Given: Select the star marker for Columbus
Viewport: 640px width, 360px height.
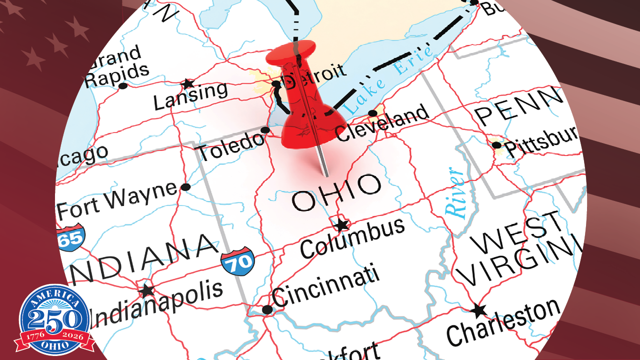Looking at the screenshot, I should pyautogui.click(x=341, y=225).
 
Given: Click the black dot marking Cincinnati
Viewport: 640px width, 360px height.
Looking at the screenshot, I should pyautogui.click(x=267, y=309).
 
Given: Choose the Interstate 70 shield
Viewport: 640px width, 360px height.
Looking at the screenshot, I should pyautogui.click(x=237, y=260).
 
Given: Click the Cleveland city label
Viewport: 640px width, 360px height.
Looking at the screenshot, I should pyautogui.click(x=382, y=123).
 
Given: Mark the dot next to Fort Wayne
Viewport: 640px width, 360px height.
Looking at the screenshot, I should pyautogui.click(x=185, y=187).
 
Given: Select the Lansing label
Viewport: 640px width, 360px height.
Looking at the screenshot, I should pyautogui.click(x=190, y=95).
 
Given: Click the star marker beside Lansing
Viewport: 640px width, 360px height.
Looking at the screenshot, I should pyautogui.click(x=188, y=83).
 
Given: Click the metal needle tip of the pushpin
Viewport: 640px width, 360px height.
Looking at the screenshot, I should pyautogui.click(x=326, y=175).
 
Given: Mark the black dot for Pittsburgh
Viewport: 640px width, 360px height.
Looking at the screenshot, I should pyautogui.click(x=496, y=145).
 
